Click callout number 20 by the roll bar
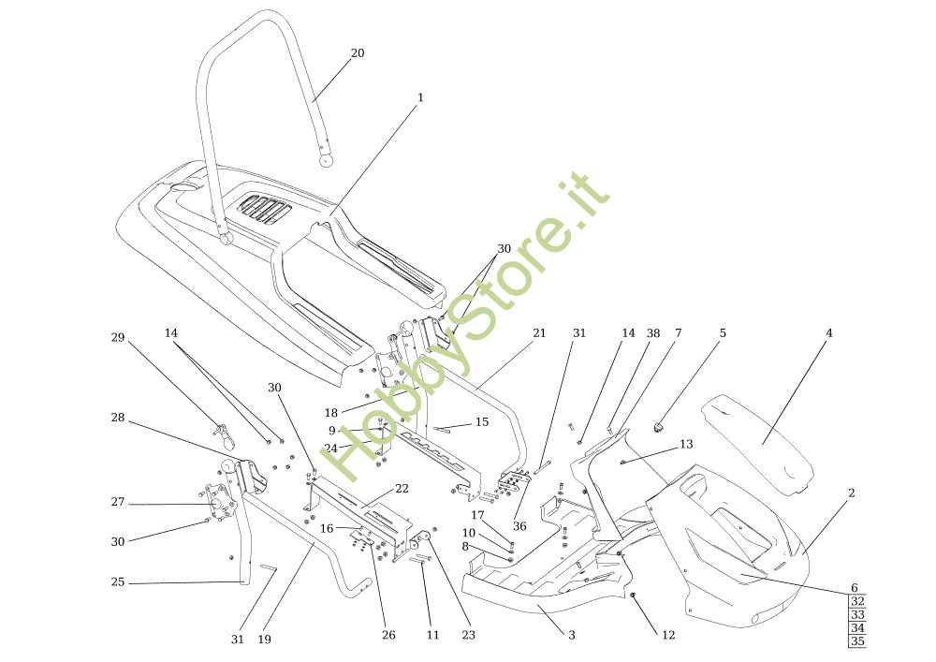click(358, 53)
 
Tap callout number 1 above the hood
click(420, 97)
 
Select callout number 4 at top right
click(828, 333)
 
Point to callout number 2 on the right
click(851, 493)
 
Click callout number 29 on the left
click(118, 338)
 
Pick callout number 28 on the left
click(118, 418)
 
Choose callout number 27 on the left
click(118, 503)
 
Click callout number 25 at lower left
click(118, 582)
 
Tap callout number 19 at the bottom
click(265, 640)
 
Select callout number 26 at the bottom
click(388, 635)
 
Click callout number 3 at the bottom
click(571, 635)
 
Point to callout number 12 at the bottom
click(668, 635)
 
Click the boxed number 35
click(857, 641)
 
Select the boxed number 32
click(857, 602)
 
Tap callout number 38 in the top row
click(653, 333)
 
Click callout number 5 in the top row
click(723, 333)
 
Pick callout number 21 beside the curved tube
click(539, 333)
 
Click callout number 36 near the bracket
click(519, 526)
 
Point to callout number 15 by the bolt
click(482, 422)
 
